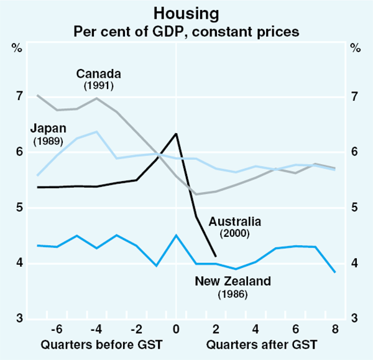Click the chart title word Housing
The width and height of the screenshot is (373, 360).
coord(186,12)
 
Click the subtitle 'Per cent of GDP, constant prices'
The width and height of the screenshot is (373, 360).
coord(186,29)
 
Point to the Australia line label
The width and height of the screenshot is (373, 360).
coord(234,221)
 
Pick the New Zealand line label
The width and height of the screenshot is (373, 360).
coord(233,282)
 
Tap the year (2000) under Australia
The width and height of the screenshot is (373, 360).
coord(234,234)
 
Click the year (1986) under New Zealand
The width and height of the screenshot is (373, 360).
coord(233,293)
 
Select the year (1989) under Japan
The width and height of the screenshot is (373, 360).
coord(48,141)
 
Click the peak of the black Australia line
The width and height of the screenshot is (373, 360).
coord(177,134)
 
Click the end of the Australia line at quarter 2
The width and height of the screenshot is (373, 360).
coord(216,256)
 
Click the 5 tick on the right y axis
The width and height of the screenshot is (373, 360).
coord(354,208)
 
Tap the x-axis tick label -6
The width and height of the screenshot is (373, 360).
coord(57,328)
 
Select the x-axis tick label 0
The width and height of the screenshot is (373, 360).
coord(177,328)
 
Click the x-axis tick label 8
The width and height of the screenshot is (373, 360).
coord(334,328)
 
